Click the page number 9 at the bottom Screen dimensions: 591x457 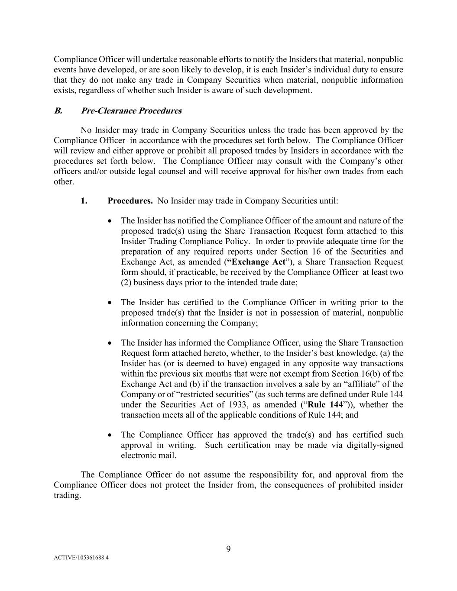coord(228,549)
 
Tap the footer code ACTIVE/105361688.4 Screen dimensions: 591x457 coord(81,558)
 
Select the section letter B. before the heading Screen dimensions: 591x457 coord(58,111)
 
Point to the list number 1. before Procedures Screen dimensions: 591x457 coord(84,201)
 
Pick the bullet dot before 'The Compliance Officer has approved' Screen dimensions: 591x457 coord(110,435)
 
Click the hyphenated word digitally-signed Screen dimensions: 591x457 coord(375,445)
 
